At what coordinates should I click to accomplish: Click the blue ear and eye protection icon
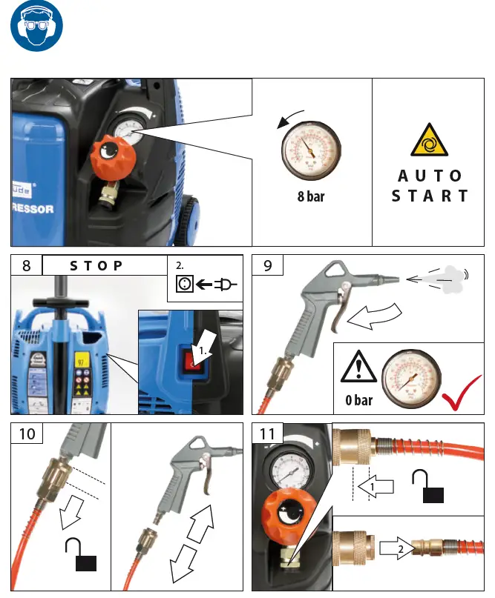[36, 30]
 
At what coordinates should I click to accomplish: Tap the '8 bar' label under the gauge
[311, 198]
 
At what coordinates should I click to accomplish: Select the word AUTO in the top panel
[430, 176]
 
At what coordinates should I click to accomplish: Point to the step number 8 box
[26, 266]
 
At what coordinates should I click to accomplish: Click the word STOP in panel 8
[96, 266]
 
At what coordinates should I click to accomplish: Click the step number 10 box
[26, 433]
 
